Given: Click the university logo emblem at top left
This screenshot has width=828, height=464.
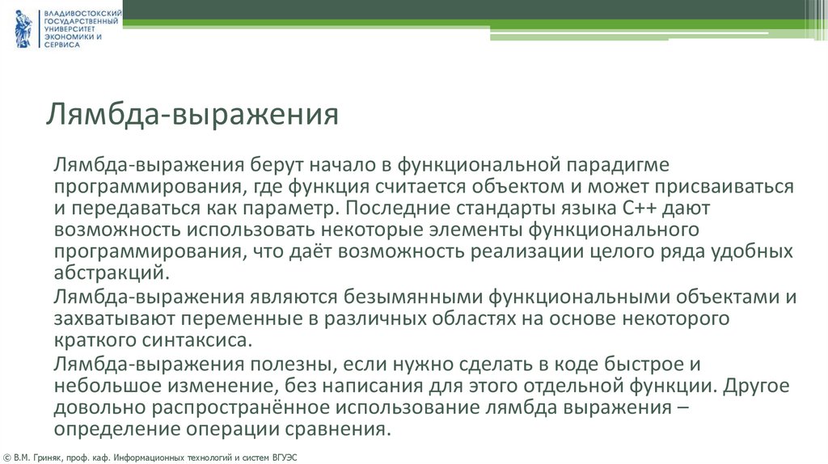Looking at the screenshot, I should [23, 29].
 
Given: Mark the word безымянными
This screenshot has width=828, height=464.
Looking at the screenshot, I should [410, 297].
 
